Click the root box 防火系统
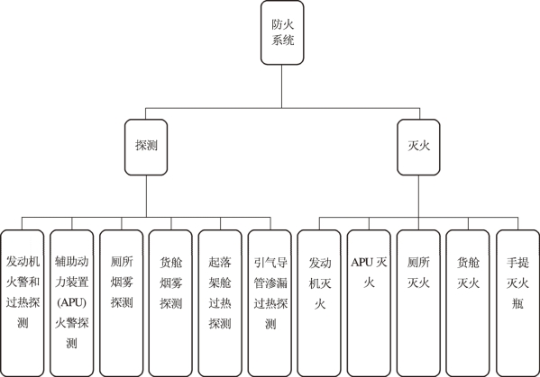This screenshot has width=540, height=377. [x=282, y=32]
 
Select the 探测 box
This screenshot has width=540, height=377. [x=146, y=147]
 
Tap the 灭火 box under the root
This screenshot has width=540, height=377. [x=418, y=147]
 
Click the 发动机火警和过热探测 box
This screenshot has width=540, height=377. [x=23, y=303]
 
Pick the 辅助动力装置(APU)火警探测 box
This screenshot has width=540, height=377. [x=71, y=303]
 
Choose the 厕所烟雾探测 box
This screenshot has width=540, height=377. [x=121, y=303]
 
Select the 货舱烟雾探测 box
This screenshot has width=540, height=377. [x=170, y=303]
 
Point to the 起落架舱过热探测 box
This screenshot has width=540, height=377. [x=220, y=303]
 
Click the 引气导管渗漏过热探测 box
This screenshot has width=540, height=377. [x=270, y=303]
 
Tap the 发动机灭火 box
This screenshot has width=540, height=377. [x=319, y=303]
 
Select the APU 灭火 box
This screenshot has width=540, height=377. [x=369, y=303]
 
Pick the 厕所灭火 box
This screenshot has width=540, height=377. [x=418, y=303]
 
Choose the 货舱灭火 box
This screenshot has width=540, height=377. [x=468, y=303]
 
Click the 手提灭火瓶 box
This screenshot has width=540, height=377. [x=517, y=303]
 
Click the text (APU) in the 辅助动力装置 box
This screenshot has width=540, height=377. [x=71, y=302]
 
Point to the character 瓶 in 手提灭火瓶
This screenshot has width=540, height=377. [x=517, y=304]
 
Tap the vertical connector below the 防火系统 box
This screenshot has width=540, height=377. [x=282, y=86]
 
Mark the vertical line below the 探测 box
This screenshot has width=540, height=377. [x=146, y=196]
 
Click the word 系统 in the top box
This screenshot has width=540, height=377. [x=282, y=40]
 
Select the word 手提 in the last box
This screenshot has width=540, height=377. [x=517, y=263]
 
